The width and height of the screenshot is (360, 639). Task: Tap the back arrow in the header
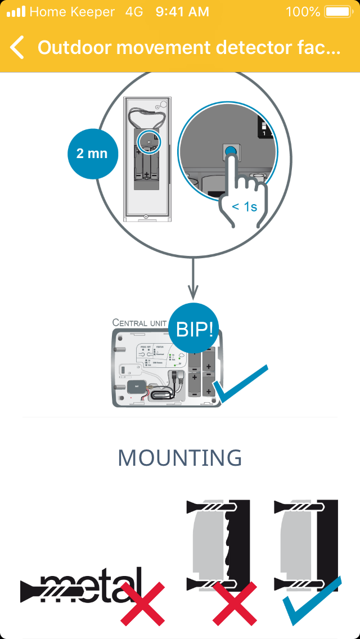click(x=17, y=47)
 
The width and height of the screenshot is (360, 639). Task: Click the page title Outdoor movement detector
click(x=189, y=47)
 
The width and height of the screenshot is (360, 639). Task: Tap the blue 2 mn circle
click(x=91, y=153)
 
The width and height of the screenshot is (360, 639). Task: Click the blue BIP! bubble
click(x=195, y=329)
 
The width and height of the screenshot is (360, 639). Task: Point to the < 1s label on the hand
click(x=244, y=207)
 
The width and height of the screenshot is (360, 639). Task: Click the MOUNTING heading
click(x=180, y=458)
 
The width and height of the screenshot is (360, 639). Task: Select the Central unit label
click(x=139, y=322)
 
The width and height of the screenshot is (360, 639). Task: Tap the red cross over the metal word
click(x=142, y=604)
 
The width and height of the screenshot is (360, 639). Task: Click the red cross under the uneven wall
click(x=235, y=604)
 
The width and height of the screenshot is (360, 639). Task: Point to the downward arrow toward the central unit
click(x=193, y=278)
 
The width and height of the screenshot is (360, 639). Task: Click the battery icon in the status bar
click(x=338, y=11)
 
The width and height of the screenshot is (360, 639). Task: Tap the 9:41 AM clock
click(x=182, y=11)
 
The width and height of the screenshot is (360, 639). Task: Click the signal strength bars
click(x=16, y=11)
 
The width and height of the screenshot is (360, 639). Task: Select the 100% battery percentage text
click(x=303, y=11)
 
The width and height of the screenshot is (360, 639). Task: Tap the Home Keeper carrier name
click(x=72, y=11)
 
